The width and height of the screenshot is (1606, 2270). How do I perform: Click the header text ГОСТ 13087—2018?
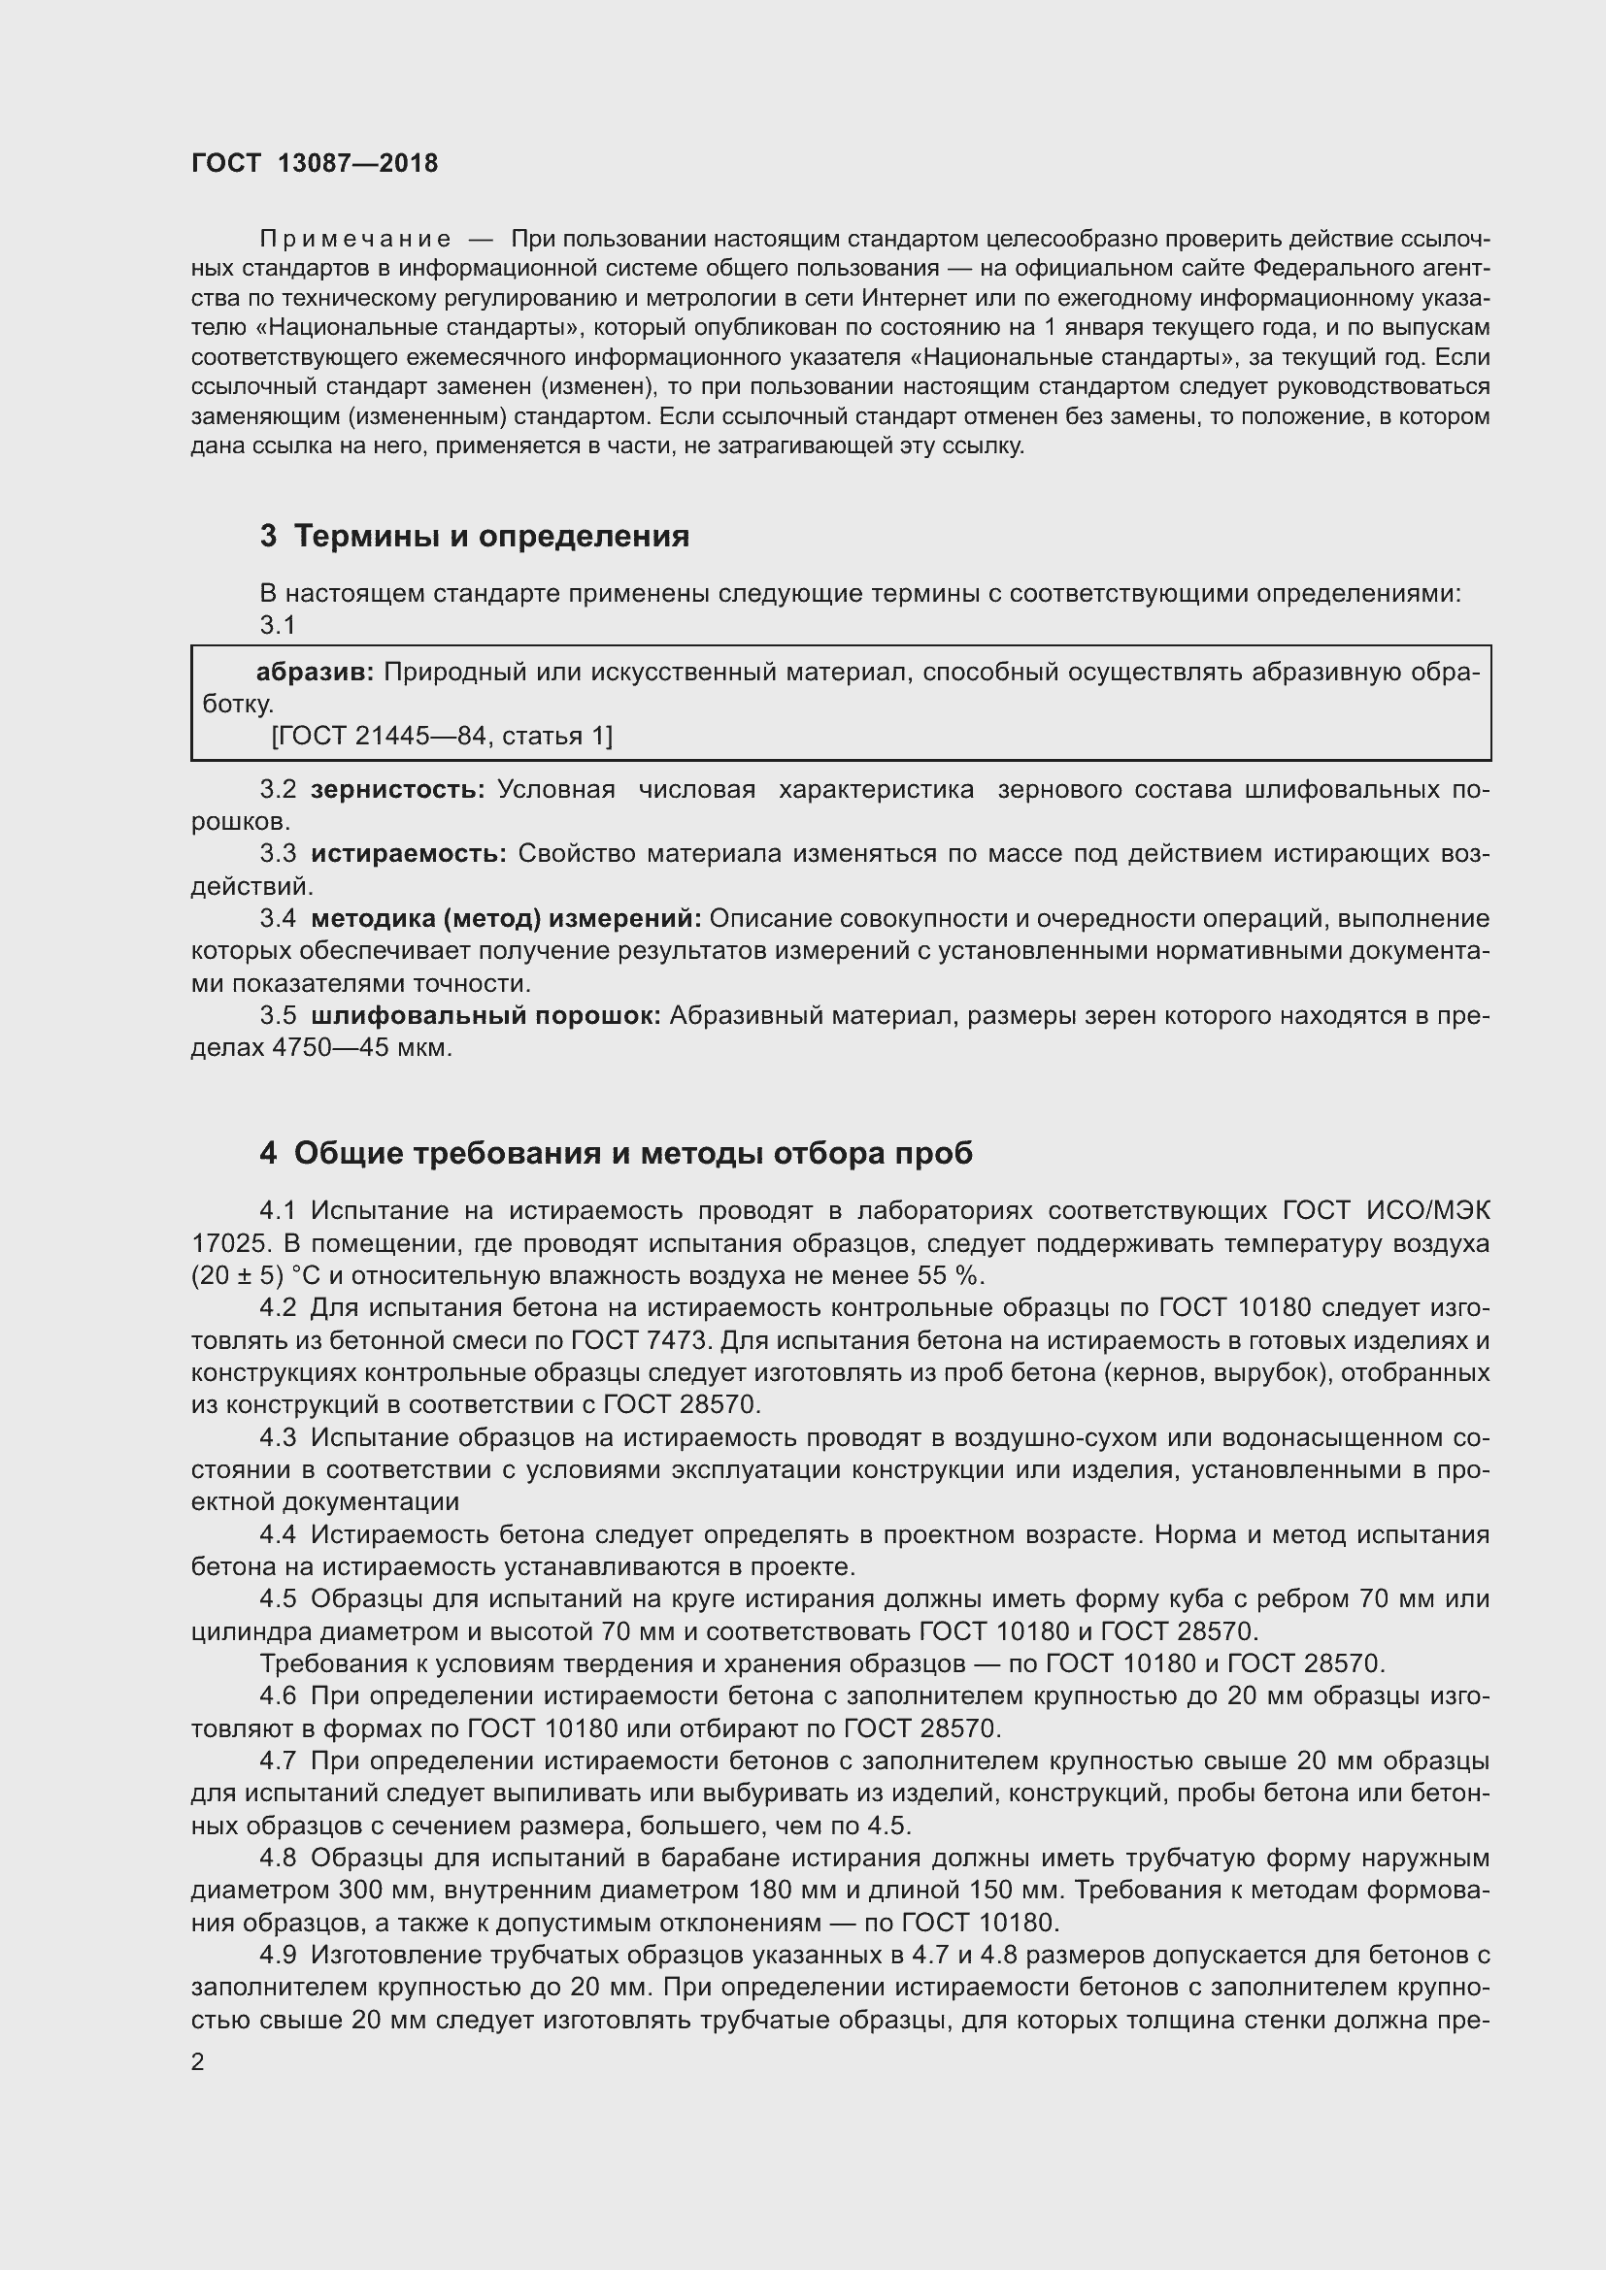coord(315,163)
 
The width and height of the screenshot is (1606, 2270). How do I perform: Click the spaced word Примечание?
coord(355,240)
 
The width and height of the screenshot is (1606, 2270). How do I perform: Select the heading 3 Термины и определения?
coord(475,536)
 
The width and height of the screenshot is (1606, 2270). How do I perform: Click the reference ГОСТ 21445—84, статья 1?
coord(441,736)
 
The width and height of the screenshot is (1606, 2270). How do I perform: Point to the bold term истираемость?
coord(409,854)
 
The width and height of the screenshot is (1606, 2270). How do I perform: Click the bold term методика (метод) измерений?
coord(505,918)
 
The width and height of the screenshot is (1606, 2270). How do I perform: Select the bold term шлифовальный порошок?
coord(485,1016)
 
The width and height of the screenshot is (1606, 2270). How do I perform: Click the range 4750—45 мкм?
coord(361,1048)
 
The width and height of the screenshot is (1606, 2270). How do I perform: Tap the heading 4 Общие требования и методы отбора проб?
coord(617,1153)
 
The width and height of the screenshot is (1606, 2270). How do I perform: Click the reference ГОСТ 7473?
coord(640,1340)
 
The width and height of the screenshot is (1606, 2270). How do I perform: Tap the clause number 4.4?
coord(278,1534)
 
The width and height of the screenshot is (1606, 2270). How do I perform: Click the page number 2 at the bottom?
coord(198,2062)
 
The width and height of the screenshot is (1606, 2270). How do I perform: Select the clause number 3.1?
coord(278,626)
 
